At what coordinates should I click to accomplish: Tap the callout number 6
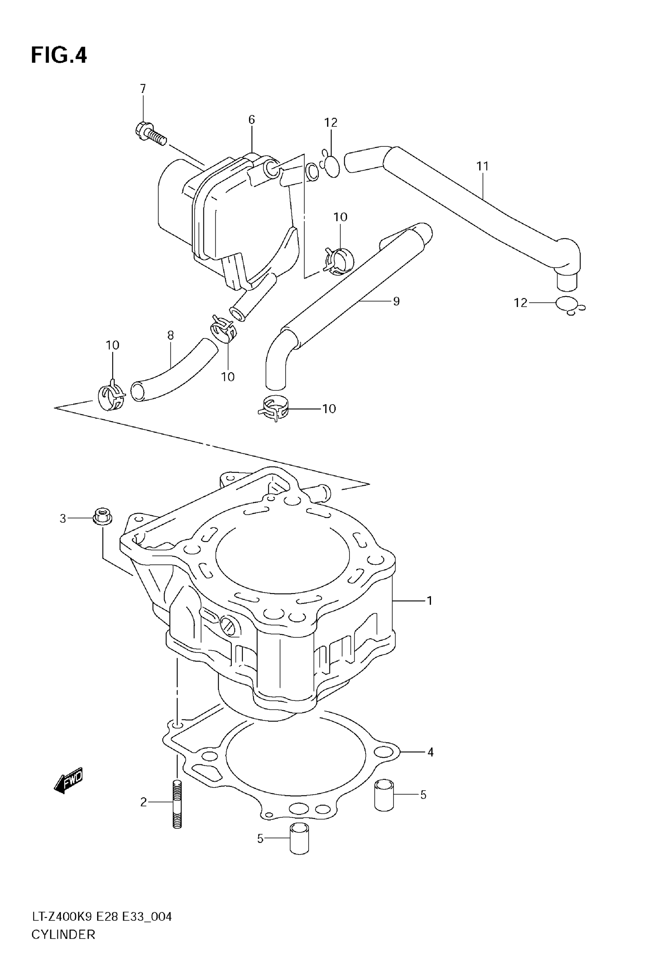tap(251, 120)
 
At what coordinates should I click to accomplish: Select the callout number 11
tap(483, 166)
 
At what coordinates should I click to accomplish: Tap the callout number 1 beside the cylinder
tap(429, 601)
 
